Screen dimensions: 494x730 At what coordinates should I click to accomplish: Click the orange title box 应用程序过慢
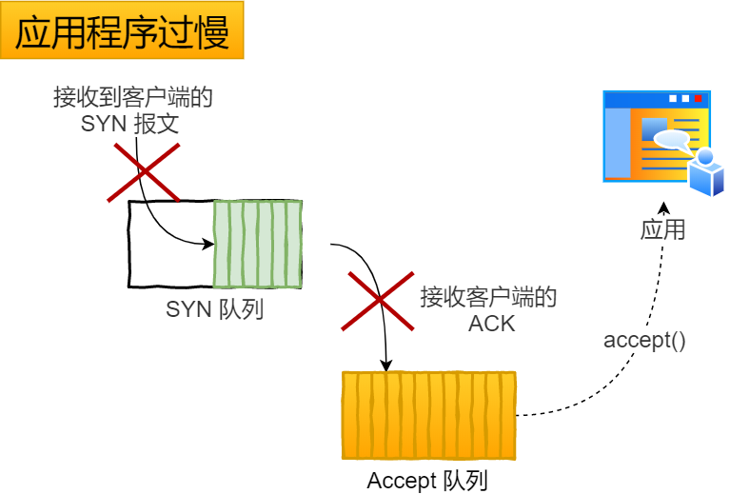[x=122, y=32]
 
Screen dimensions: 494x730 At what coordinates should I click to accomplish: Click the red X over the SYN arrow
[x=144, y=172]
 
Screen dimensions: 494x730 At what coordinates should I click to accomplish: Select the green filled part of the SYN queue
[x=257, y=244]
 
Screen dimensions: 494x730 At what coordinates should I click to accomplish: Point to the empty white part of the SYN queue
[x=170, y=244]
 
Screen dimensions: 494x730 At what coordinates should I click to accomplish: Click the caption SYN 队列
[x=214, y=308]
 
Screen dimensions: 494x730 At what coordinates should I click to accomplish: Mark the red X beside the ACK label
[x=379, y=300]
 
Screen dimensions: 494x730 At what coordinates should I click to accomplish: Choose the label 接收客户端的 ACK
[x=489, y=309]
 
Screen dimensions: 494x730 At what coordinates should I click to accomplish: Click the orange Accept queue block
[x=428, y=415]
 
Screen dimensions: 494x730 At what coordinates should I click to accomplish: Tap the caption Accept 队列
[x=427, y=481]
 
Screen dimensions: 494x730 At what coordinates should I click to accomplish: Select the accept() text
[x=644, y=340]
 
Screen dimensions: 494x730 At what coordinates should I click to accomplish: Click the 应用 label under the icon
[x=662, y=229]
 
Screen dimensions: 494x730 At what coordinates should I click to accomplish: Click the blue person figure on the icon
[x=706, y=172]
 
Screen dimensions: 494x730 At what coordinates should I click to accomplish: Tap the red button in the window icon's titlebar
[x=698, y=98]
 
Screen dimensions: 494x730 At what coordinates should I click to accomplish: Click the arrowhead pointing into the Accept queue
[x=385, y=365]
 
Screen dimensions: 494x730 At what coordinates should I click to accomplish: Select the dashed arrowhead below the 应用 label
[x=664, y=207]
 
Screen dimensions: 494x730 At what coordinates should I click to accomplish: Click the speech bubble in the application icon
[x=671, y=140]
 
